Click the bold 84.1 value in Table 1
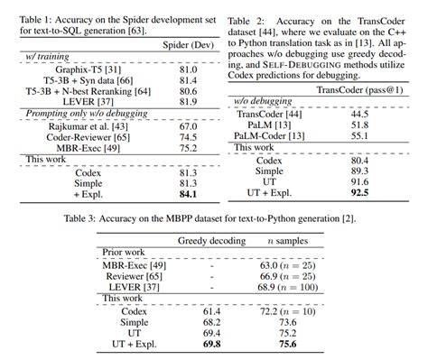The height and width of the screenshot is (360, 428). [188, 194]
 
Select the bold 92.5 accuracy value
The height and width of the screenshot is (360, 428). [359, 193]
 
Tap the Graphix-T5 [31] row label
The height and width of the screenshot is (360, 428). [88, 69]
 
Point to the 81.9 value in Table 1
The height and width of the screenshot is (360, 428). [188, 102]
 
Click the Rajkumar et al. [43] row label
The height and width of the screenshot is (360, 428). [88, 126]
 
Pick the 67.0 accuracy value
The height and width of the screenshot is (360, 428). [188, 126]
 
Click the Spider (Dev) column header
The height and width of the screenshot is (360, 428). [188, 45]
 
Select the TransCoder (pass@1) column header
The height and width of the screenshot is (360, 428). [359, 90]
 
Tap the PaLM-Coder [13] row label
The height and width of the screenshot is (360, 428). [269, 136]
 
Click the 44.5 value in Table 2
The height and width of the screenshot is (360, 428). [359, 115]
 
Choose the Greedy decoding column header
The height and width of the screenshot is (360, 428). [211, 241]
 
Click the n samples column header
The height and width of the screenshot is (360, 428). [288, 241]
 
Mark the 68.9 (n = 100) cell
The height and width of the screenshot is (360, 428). [288, 287]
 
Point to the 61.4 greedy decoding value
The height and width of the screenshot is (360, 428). [211, 312]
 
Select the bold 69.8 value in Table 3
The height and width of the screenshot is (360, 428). [211, 344]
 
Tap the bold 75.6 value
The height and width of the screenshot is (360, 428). [288, 344]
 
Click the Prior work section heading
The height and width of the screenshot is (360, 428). [124, 253]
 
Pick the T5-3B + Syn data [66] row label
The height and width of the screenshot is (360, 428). [88, 80]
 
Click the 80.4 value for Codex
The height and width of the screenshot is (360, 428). [359, 161]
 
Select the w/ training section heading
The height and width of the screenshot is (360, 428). [47, 57]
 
